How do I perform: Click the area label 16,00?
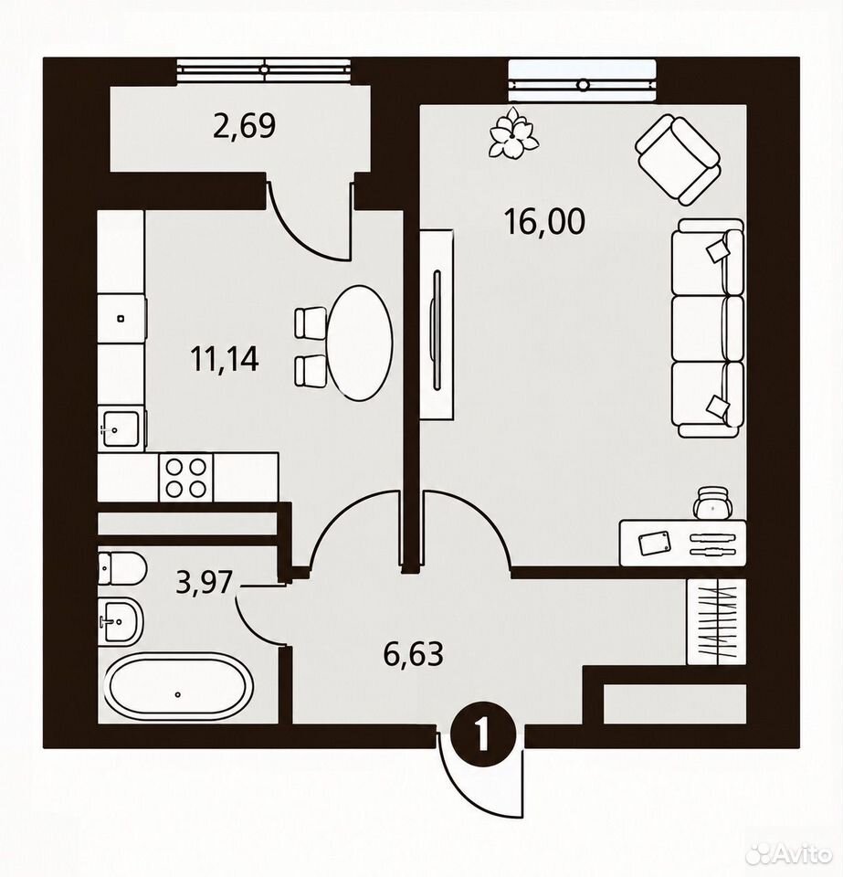click(x=544, y=221)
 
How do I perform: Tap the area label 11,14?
click(x=225, y=359)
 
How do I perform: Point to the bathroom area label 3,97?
click(x=204, y=582)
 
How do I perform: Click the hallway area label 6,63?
click(x=413, y=653)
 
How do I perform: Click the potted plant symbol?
click(x=513, y=134)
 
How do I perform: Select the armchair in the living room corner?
click(x=678, y=159)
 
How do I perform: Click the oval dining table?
click(x=360, y=343)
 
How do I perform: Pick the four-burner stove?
click(x=186, y=477)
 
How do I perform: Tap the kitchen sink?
click(x=121, y=428)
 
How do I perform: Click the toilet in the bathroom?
click(x=121, y=569)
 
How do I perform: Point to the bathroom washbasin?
click(x=121, y=622)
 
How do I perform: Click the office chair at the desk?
click(x=712, y=502)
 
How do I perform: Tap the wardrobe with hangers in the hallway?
click(x=716, y=622)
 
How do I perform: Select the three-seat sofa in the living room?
click(x=707, y=328)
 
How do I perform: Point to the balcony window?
click(x=263, y=69)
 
